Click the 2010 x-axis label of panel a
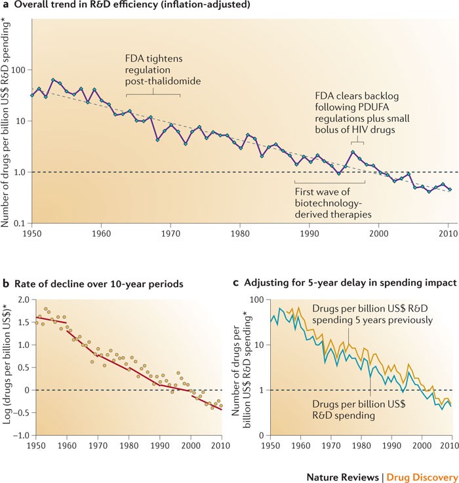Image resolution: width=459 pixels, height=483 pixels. [x=449, y=233]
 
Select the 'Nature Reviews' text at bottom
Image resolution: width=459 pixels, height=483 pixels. [x=347, y=471]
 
